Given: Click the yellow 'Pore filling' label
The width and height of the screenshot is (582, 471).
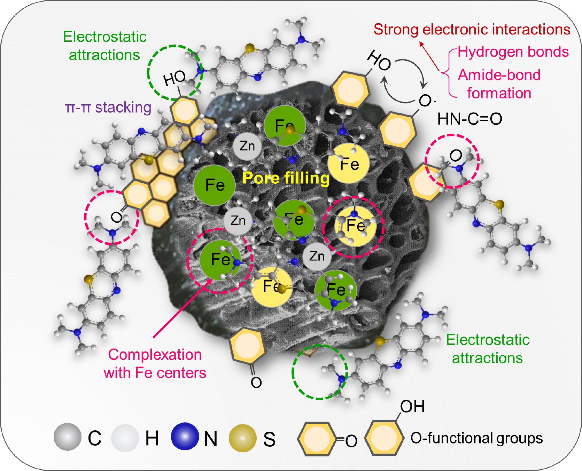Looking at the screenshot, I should click(286, 178).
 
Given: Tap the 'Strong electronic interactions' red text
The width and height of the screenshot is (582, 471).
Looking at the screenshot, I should click(472, 30).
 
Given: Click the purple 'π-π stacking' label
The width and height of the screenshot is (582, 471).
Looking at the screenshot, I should click(108, 107).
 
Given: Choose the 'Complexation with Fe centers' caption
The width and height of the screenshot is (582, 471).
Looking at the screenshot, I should click(155, 364).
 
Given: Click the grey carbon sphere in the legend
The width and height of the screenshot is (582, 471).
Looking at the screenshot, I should click(67, 437).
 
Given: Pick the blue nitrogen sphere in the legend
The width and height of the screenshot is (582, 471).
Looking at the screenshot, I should click(185, 436).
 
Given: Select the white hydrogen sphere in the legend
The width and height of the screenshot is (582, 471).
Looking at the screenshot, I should click(125, 438).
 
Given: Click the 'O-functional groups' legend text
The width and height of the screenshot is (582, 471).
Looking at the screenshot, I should click(476, 438).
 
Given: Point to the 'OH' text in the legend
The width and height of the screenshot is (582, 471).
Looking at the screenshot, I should click(412, 407).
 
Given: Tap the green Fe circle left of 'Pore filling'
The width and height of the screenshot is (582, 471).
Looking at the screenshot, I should click(215, 185).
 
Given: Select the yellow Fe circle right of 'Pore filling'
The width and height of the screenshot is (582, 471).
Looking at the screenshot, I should click(349, 164).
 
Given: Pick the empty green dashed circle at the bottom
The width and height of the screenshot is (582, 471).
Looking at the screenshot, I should click(320, 372).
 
